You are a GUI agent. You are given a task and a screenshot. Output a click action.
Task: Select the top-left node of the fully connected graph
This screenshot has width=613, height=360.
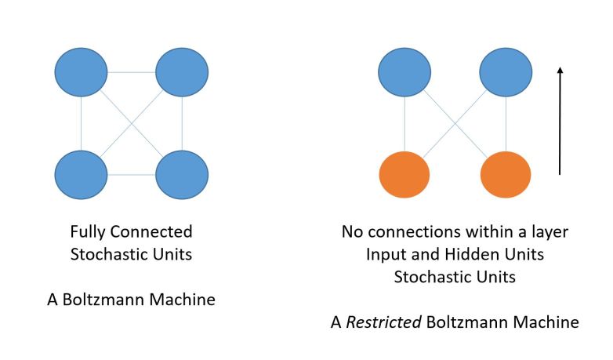click(81, 73)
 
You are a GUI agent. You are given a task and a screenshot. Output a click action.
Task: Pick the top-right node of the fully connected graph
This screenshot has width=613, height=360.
click(182, 73)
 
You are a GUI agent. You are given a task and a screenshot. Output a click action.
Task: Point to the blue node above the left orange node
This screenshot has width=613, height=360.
click(404, 72)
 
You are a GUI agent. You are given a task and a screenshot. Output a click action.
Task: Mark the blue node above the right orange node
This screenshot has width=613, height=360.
click(506, 72)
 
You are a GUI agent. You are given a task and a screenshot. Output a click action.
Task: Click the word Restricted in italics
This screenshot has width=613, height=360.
click(389, 322)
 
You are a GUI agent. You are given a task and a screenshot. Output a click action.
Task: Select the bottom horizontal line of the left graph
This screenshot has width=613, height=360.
click(131, 174)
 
